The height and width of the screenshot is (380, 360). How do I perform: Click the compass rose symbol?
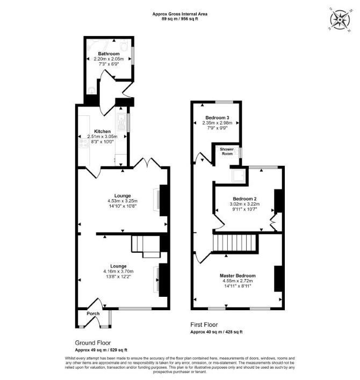340,20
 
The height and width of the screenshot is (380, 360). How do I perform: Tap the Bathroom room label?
109,54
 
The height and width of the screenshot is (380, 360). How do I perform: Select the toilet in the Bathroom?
124,45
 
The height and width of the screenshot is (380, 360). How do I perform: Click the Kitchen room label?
103,131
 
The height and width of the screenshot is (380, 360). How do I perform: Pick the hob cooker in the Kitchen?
84,143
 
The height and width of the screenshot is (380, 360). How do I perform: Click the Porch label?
93,313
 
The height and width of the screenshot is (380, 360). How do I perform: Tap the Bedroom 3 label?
218,118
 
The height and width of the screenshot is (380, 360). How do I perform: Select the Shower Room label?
227,151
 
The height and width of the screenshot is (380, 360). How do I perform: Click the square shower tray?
239,176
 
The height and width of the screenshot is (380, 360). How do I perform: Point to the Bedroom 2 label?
245,199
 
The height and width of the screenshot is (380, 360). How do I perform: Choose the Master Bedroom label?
237,275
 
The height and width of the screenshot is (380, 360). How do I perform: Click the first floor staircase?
234,243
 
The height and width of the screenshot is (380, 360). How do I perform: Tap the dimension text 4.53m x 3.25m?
123,201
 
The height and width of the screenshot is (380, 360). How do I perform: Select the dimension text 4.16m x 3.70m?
118,272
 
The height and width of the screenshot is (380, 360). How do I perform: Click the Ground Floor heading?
93,343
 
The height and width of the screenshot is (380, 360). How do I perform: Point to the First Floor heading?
204,325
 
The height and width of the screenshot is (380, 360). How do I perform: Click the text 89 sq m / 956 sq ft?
180,19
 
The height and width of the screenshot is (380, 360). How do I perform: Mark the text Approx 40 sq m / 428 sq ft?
217,332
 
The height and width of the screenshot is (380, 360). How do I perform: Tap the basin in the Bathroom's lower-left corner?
92,91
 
